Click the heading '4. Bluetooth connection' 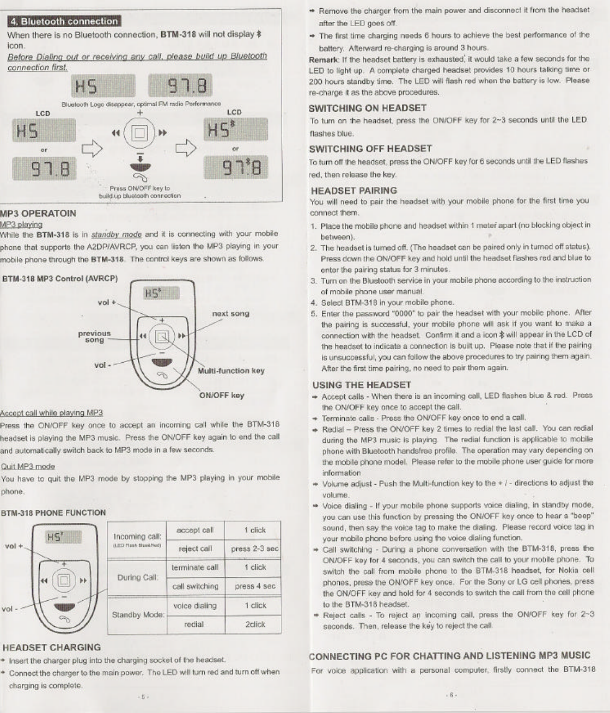click(64, 22)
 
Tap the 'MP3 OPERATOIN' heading click(38, 213)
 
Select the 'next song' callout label click(230, 314)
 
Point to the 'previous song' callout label click(94, 337)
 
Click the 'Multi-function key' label click(231, 371)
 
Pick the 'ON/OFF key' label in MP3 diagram click(222, 395)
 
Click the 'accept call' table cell click(195, 530)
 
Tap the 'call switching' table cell click(195, 587)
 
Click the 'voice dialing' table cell click(195, 606)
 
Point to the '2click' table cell click(254, 624)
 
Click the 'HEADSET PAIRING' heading click(353, 191)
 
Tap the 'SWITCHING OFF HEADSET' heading click(370, 149)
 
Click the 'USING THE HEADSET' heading click(362, 385)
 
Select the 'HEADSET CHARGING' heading click(52, 648)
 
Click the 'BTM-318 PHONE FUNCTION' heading click(53, 513)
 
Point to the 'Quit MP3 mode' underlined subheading click(28, 466)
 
